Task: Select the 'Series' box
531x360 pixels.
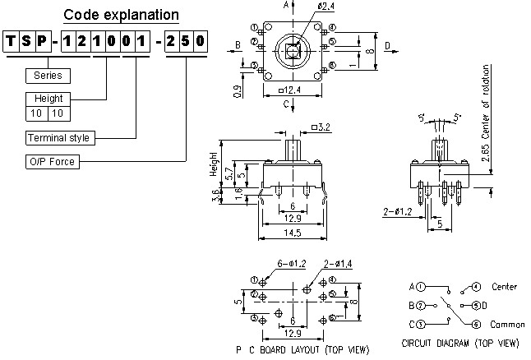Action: (48, 76)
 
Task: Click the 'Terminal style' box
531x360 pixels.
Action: (58, 137)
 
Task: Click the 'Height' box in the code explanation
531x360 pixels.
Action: (43, 99)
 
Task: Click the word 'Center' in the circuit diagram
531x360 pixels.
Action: (504, 287)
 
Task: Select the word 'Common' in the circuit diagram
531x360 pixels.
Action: (506, 325)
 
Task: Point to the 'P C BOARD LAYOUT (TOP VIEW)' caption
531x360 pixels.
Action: (297, 349)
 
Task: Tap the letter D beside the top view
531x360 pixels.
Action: (386, 45)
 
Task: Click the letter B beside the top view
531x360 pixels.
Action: (237, 44)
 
